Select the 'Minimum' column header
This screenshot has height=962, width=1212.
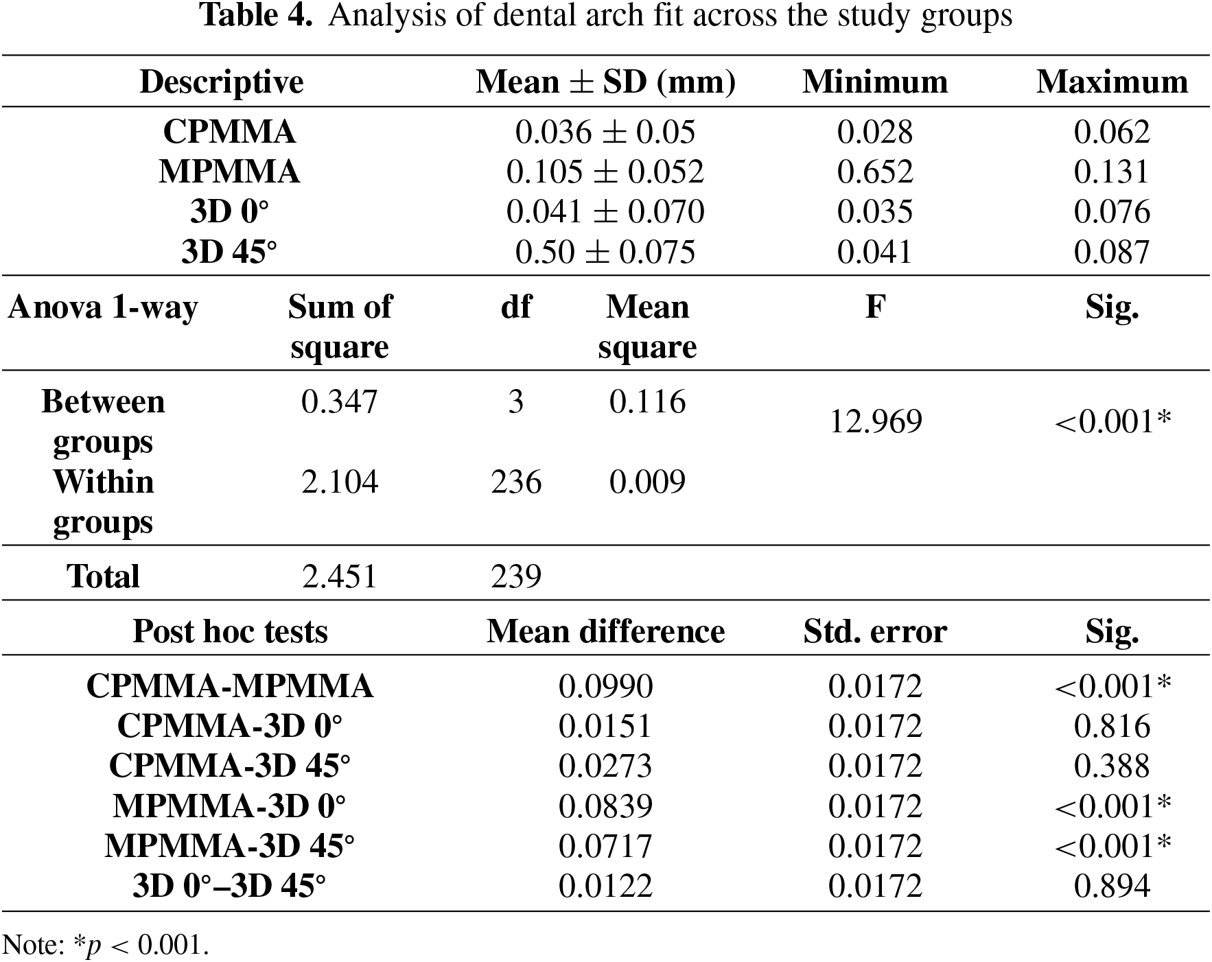875,82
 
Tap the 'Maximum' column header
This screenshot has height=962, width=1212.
1112,82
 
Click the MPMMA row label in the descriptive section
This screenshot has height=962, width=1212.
229,172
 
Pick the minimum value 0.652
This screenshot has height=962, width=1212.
875,172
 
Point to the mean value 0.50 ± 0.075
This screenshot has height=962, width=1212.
605,252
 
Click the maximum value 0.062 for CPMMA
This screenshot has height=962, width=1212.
1112,132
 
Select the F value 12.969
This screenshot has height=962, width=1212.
876,421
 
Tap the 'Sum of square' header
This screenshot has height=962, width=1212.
340,327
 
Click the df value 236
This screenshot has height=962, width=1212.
516,482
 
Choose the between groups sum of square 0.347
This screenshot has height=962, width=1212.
340,401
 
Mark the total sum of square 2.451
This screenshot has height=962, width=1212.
340,576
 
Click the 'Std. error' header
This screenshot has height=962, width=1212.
875,631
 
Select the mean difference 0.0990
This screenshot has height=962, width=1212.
605,686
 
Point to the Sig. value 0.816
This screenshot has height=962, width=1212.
1112,726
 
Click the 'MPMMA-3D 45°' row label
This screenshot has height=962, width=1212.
229,846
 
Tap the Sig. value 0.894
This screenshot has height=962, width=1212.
1112,886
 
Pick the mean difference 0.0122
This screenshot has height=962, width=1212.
605,886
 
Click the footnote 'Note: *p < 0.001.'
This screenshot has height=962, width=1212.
106,946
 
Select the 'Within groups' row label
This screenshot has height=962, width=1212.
104,502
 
